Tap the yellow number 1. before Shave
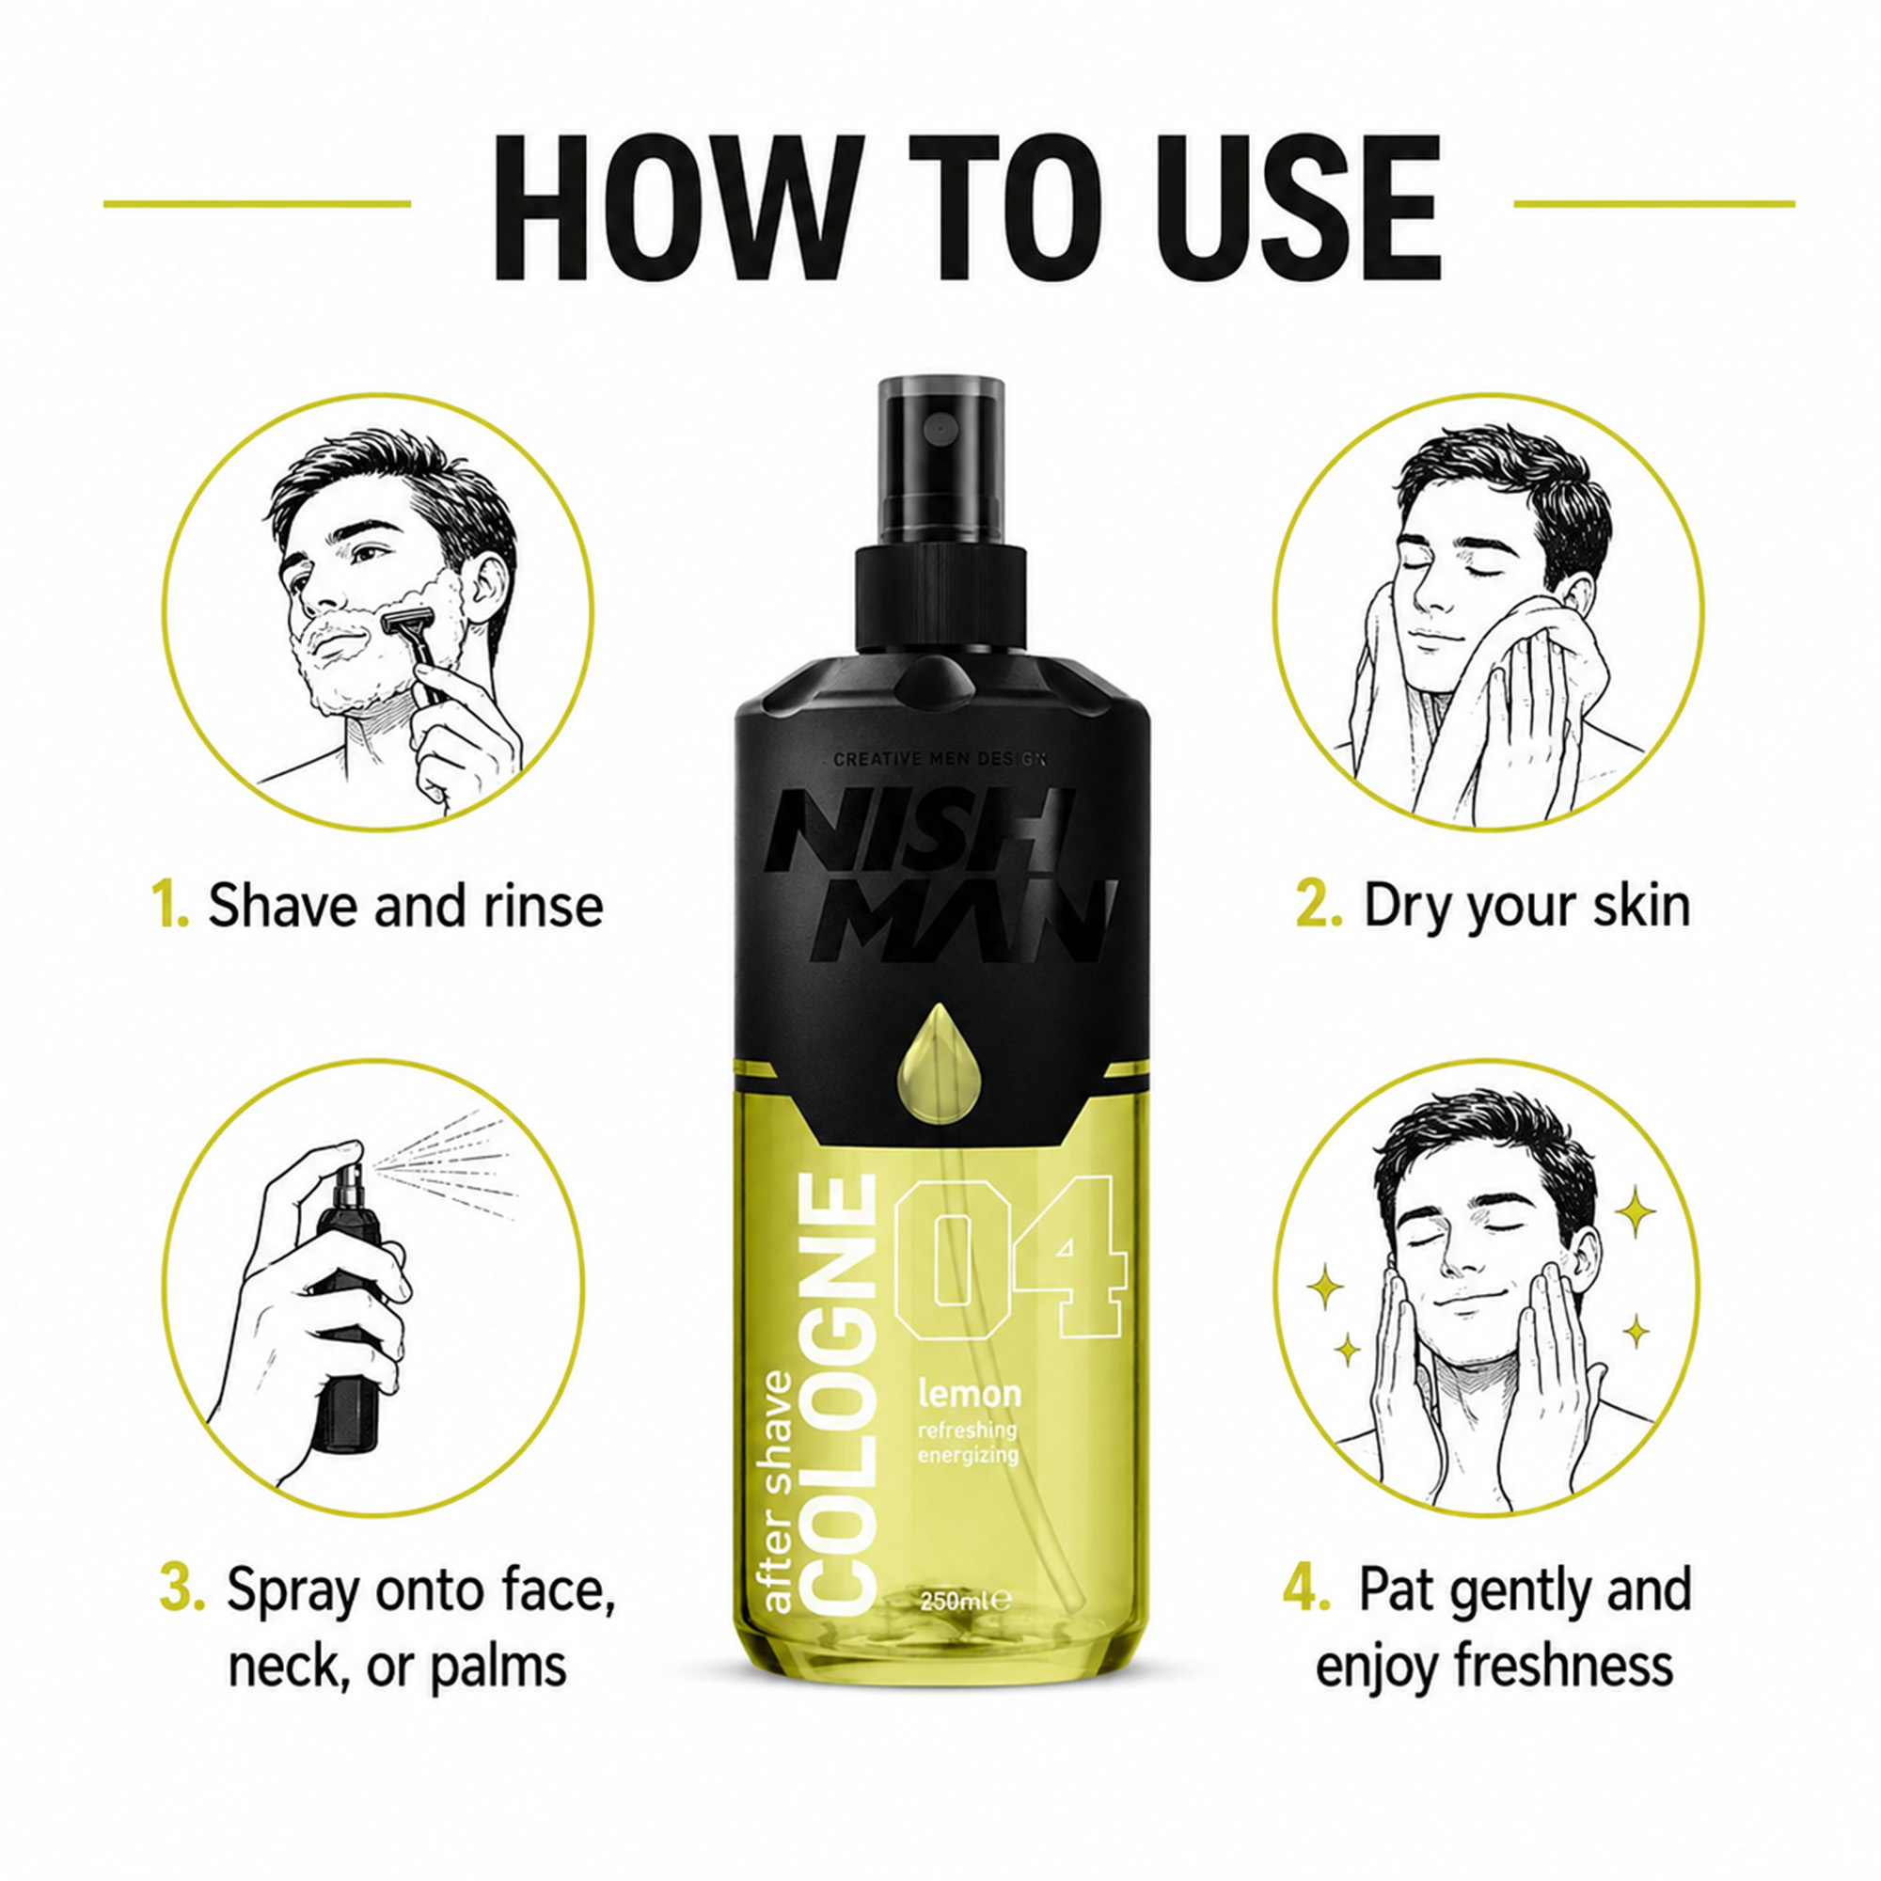click(x=170, y=905)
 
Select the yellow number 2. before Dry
click(x=1319, y=905)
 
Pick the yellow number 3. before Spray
click(x=182, y=1589)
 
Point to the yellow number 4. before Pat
click(x=1306, y=1588)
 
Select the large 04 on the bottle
click(x=1008, y=1256)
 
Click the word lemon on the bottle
click(x=970, y=1393)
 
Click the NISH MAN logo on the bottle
click(x=939, y=874)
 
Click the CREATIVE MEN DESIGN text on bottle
click(x=940, y=758)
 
